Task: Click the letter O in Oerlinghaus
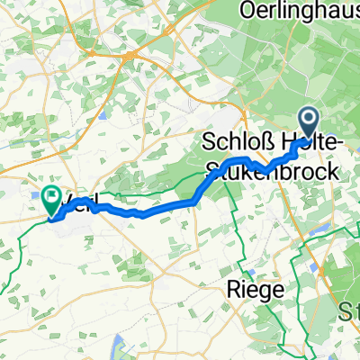point(249,10)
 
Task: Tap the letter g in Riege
point(261,292)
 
